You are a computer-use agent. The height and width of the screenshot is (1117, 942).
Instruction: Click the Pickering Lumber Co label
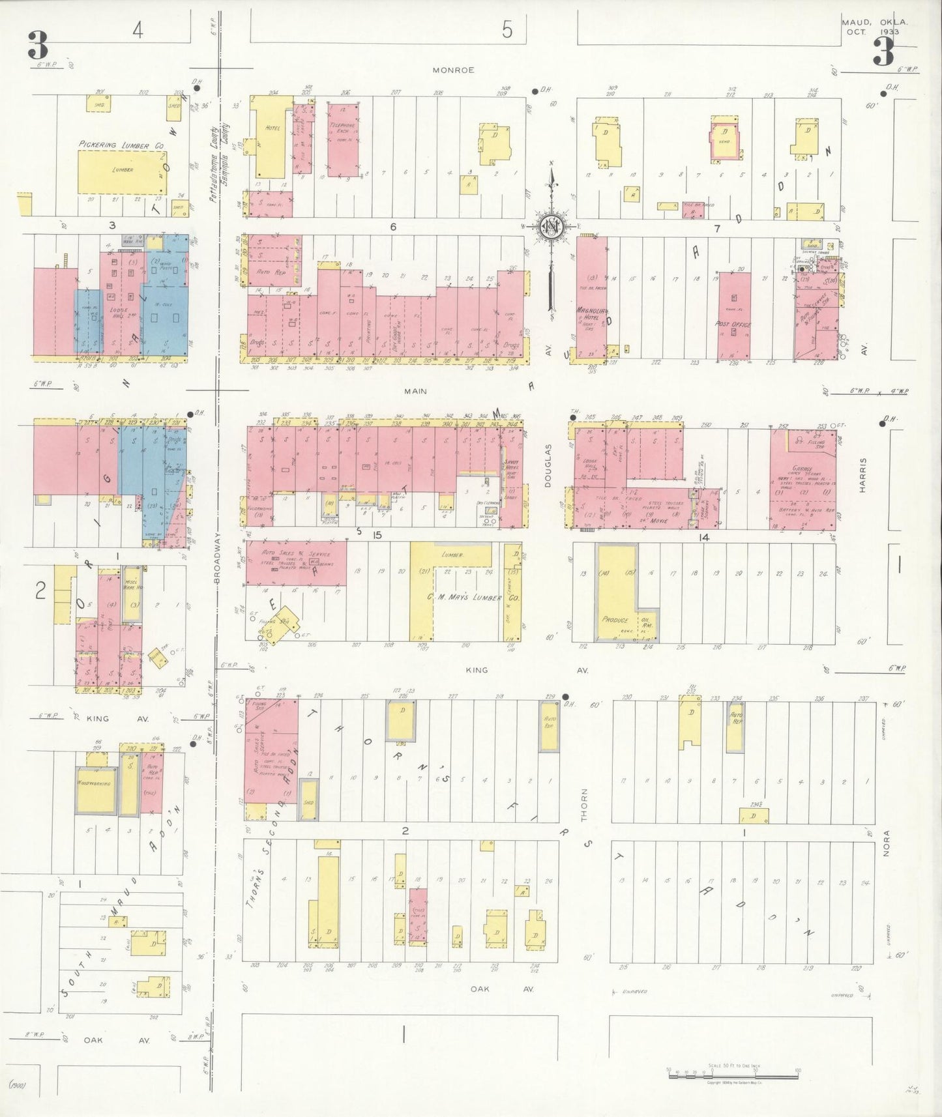[x=122, y=146]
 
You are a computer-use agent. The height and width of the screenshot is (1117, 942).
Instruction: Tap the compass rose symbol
[x=552, y=226]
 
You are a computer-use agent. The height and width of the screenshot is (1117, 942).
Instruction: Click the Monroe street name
[x=456, y=70]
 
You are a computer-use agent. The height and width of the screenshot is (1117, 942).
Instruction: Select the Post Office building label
[x=734, y=325]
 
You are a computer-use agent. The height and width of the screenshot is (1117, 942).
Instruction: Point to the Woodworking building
[x=96, y=782]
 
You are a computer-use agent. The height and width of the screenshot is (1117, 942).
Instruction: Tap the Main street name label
[x=415, y=391]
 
